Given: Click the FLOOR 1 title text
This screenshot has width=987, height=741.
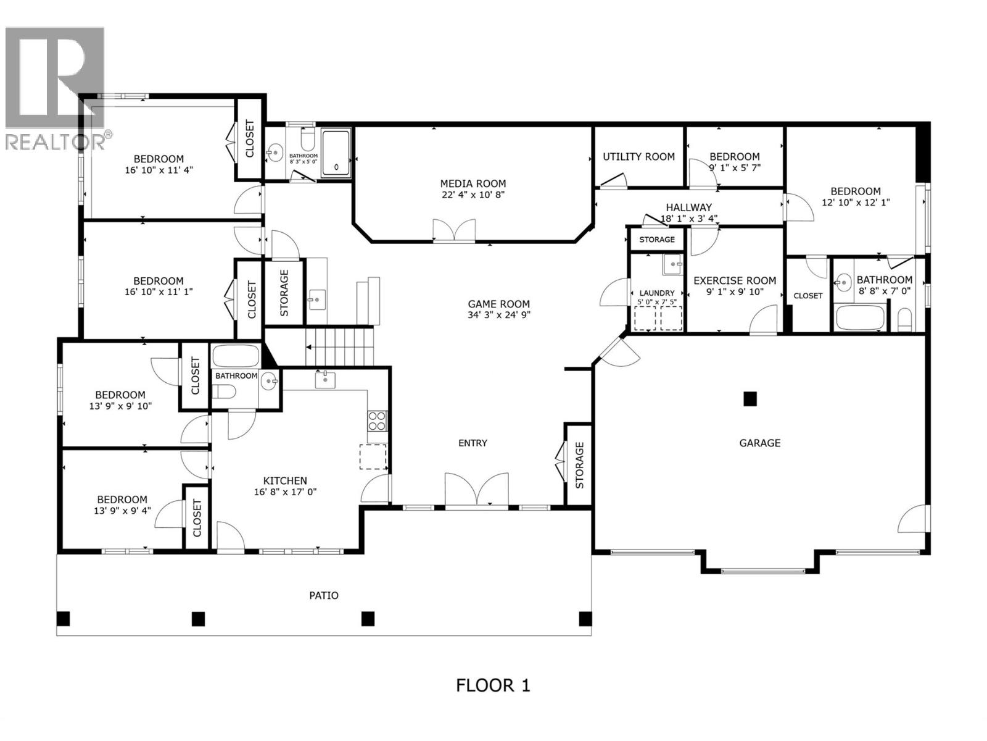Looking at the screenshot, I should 493,685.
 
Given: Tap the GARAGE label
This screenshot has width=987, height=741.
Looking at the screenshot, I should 759,443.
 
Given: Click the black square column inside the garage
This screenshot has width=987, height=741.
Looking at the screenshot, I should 750,399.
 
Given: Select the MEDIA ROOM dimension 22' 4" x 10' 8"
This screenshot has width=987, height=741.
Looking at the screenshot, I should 473,195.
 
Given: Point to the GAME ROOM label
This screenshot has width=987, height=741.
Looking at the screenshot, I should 498,303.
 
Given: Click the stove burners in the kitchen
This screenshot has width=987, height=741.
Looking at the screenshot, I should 377,421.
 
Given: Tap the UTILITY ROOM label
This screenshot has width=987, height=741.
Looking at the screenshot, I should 638,157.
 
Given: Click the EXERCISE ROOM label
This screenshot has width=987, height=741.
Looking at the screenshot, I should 735,280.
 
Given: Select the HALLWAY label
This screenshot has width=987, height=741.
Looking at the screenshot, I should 688,207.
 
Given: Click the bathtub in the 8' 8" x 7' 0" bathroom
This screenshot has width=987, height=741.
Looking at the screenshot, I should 860,318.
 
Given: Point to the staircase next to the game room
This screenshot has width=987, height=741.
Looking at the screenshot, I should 340,348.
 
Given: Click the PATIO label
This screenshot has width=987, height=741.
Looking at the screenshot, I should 324,595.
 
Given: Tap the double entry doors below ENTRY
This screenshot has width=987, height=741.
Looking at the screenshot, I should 477,491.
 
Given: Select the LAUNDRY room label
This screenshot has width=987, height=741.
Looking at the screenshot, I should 657,293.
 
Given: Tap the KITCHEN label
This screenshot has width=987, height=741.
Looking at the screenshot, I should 285,480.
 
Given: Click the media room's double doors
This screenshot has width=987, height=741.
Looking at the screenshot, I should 454,230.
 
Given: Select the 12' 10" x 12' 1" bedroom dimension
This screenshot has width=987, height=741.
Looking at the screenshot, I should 855,202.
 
